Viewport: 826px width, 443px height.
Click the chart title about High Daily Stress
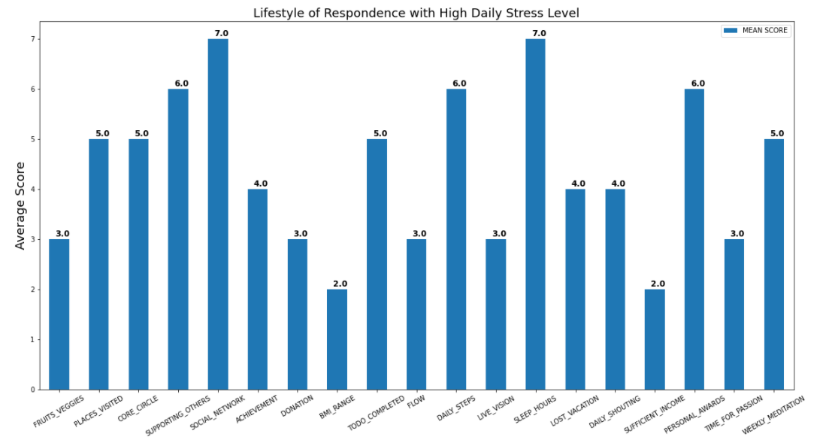point(416,13)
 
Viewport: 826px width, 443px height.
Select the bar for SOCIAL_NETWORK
point(218,214)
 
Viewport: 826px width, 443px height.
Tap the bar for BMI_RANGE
point(337,339)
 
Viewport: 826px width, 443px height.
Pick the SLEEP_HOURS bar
point(535,214)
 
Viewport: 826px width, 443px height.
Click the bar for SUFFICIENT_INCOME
point(655,339)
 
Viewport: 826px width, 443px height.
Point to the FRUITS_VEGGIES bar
point(59,314)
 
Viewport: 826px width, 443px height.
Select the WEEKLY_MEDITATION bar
point(773,264)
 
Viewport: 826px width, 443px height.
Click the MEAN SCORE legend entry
point(755,31)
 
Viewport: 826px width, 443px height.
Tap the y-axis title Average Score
point(20,205)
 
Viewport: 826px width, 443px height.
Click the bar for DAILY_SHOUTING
point(615,290)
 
